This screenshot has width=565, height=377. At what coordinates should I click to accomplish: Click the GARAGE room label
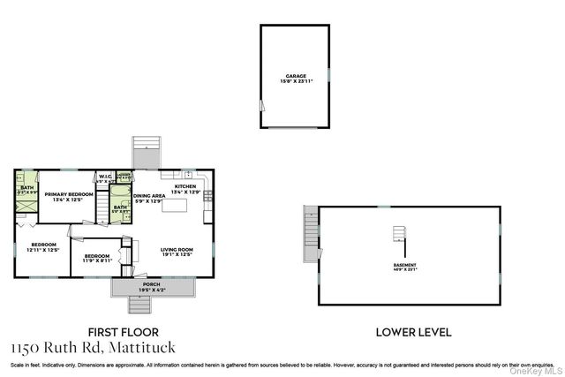pos(295,79)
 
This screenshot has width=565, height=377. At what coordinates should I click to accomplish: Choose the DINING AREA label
pos(149,197)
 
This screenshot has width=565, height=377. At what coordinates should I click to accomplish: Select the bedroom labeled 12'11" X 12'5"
pos(43,246)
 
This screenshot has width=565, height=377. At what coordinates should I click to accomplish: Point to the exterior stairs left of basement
pos(309,233)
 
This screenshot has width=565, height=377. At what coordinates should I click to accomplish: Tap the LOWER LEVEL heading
pos(414,333)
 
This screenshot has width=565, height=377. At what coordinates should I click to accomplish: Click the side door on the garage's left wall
pos(260,105)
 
